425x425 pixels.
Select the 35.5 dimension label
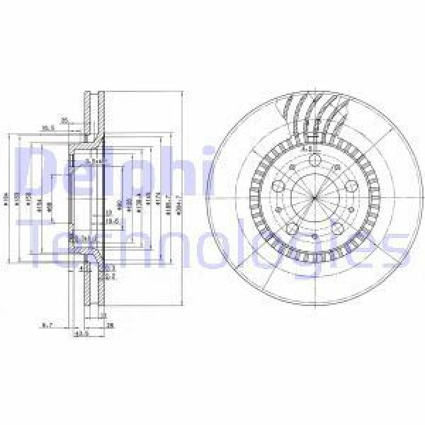[48, 128]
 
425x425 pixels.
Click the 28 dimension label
[110, 325]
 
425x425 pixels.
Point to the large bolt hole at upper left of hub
[276, 186]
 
